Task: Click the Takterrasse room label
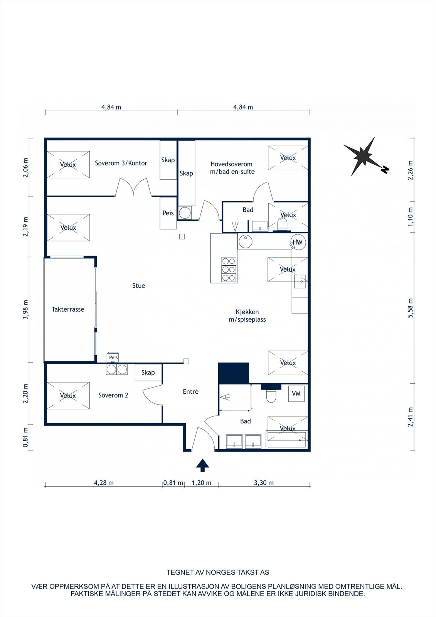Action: coord(68,309)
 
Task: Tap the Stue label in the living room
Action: coord(138,286)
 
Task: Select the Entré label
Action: coord(190,391)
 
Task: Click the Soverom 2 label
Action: coord(113,395)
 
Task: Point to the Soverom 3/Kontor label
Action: coord(121,163)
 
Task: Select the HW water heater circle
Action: coord(298,243)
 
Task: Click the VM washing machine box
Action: coord(296,394)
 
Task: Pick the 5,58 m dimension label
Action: coord(411,308)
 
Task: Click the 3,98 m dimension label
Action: coord(26,310)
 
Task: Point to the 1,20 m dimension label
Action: coord(202,490)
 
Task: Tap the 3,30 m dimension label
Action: coord(264,490)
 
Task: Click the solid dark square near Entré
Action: coord(234,373)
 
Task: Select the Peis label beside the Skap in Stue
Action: coord(168,213)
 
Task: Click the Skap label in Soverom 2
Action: coord(148,373)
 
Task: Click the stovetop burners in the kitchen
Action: coord(229,270)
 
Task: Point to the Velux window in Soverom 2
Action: coord(68,396)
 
